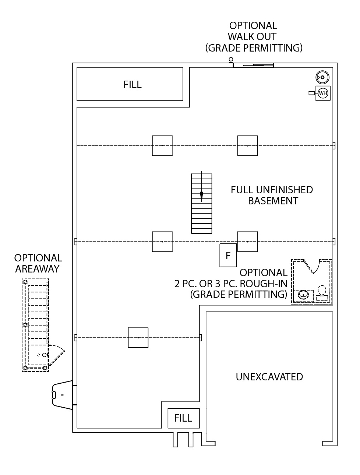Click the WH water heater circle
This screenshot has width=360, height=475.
tap(322, 93)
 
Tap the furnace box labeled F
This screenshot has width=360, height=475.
tap(228, 255)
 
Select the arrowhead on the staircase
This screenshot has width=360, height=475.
tap(201, 197)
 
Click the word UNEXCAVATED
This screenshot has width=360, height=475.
tap(269, 377)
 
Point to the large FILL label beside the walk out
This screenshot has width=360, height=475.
tap(133, 84)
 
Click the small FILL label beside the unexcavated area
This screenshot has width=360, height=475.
tap(183, 418)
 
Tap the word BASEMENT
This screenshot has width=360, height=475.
tap(273, 201)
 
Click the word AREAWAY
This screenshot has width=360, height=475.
tap(37, 269)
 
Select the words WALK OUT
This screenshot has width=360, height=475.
tap(252, 36)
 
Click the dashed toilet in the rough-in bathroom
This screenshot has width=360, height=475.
tap(322, 293)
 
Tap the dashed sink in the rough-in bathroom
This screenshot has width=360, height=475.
tap(303, 295)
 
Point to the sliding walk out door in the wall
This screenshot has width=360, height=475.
tap(253, 65)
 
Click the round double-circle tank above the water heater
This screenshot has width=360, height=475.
tap(322, 77)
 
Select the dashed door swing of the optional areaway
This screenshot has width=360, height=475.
tap(56, 355)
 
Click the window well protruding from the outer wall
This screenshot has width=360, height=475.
tap(62, 395)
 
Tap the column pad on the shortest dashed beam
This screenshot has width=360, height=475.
tap(138, 338)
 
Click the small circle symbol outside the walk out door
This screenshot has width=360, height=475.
tap(231, 59)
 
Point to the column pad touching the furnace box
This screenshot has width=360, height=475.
tap(247, 242)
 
